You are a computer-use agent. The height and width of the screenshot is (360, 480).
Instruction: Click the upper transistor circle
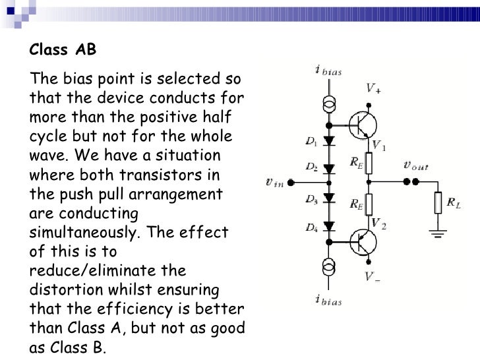362,124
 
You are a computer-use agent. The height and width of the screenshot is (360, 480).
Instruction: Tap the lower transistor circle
362,243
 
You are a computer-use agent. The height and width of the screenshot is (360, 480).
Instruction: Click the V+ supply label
373,88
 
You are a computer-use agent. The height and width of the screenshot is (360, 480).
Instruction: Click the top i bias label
328,71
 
